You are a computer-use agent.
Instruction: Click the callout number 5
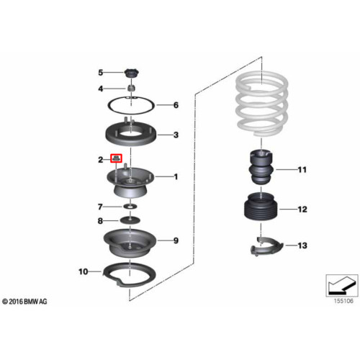(x=101, y=72)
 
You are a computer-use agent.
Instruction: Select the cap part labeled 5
(x=132, y=73)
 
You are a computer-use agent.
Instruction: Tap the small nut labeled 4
(x=131, y=88)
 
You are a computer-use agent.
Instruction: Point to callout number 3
(x=176, y=135)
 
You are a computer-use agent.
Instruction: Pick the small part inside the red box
(x=116, y=158)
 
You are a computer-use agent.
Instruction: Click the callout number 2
(x=101, y=160)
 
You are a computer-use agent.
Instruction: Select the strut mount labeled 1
(x=130, y=182)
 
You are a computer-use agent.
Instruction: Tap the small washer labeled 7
(x=130, y=206)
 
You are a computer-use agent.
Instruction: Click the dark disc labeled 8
(x=130, y=220)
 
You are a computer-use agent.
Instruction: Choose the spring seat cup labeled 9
(x=130, y=243)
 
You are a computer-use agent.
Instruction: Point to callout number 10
(x=84, y=271)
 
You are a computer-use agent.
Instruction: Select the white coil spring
(x=262, y=104)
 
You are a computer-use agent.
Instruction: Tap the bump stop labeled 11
(x=261, y=167)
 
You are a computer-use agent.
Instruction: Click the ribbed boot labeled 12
(x=261, y=207)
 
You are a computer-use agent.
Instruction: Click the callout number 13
(x=302, y=246)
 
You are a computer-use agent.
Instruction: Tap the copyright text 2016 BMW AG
(x=28, y=302)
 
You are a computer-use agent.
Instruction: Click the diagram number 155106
(x=343, y=301)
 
